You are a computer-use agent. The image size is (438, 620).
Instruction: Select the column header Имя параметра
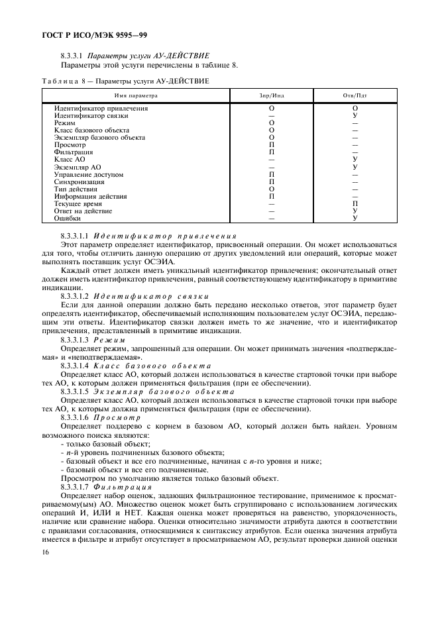click(135, 95)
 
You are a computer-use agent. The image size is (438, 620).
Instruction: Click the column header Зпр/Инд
click(272, 95)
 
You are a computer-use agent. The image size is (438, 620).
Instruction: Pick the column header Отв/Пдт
click(355, 95)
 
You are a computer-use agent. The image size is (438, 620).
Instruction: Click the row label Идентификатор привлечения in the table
click(101, 108)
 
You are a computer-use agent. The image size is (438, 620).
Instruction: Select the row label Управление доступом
click(89, 174)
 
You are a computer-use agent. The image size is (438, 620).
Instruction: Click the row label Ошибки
click(68, 218)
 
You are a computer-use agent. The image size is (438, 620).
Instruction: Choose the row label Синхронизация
click(80, 181)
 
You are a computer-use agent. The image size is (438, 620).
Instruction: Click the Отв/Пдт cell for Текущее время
click(355, 204)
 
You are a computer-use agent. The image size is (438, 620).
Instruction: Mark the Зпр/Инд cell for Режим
click(272, 123)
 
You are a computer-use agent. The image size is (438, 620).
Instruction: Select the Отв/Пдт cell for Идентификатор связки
click(355, 115)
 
